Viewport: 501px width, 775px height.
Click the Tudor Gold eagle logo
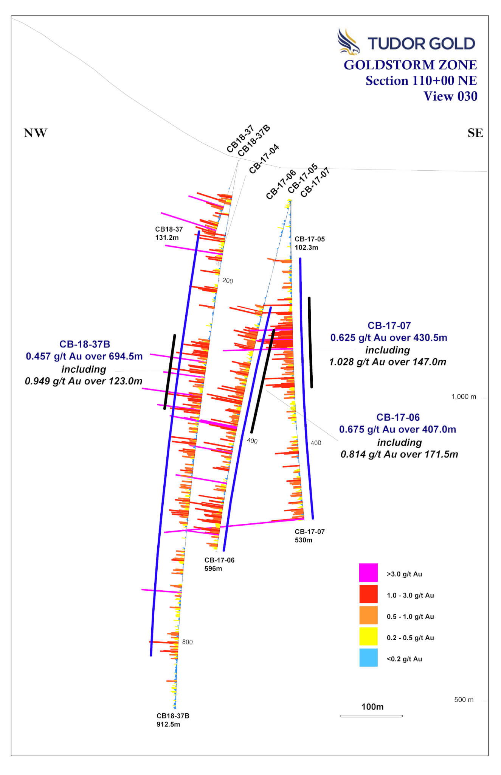pos(348,41)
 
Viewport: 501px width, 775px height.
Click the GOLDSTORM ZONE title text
pos(410,65)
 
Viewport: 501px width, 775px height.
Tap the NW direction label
pos(36,133)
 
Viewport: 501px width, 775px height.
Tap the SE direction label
pos(475,133)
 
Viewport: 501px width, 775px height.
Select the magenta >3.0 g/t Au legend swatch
pos(368,573)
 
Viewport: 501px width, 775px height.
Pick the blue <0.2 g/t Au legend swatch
pos(368,657)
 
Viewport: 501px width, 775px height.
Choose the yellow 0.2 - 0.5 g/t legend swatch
pos(368,636)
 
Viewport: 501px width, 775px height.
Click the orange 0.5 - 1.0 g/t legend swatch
pos(368,615)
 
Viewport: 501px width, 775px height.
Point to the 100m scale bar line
pos(371,716)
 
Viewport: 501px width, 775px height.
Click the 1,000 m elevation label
pos(464,397)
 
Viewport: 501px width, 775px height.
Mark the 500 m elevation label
pos(464,700)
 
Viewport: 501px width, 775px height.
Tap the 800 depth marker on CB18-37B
pos(187,642)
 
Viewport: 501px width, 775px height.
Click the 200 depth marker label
pos(228,280)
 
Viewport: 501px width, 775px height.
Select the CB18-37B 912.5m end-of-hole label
pos(173,720)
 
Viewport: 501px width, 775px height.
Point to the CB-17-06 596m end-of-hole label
pos(219,564)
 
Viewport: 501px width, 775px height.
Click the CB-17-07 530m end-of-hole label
pos(310,535)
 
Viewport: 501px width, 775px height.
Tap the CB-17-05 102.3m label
pos(310,243)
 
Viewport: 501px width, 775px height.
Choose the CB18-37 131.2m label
pos(169,233)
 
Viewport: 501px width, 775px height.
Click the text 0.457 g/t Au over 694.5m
pos(84,356)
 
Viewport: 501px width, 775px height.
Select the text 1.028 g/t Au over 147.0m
pos(388,362)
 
